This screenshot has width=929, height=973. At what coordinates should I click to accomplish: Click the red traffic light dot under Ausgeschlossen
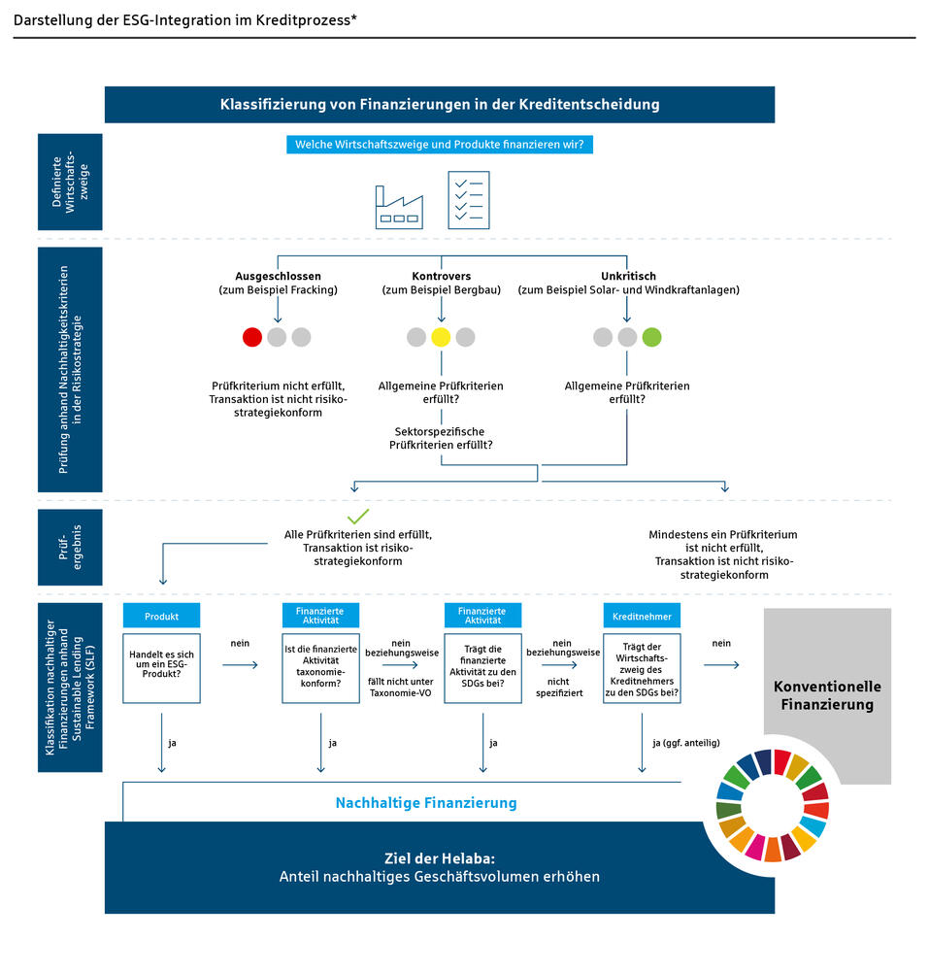[x=252, y=337]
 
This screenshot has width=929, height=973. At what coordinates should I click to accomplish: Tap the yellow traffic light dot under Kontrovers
[x=441, y=337]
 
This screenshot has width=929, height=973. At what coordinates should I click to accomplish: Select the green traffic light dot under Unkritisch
[x=651, y=337]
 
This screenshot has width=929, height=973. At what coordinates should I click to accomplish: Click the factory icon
[x=400, y=207]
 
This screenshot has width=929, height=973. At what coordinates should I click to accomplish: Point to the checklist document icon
[x=468, y=200]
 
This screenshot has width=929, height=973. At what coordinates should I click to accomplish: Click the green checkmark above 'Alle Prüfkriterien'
[x=358, y=516]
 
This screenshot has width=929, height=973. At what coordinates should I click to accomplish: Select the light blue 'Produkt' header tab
[x=161, y=616]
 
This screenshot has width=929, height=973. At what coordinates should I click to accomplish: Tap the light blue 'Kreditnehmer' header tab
[x=641, y=616]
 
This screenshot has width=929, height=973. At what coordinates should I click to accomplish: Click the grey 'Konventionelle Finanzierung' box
[x=827, y=694]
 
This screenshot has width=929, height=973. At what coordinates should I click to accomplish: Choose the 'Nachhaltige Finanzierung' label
[x=425, y=803]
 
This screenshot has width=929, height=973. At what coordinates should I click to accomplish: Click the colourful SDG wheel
[x=773, y=805]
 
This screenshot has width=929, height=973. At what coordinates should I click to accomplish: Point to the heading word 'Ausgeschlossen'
[x=278, y=276]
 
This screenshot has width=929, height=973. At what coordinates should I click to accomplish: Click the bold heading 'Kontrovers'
[x=441, y=276]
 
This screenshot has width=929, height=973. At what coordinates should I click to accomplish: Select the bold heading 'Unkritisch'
[x=628, y=276]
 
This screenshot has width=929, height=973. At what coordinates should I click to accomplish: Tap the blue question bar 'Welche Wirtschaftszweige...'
[x=441, y=145]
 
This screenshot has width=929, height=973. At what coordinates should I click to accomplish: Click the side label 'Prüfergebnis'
[x=69, y=547]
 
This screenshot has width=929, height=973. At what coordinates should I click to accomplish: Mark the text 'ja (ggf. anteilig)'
[x=680, y=743]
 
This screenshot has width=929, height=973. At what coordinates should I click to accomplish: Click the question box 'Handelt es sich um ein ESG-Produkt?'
[x=161, y=668]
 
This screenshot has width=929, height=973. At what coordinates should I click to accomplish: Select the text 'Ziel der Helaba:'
[x=439, y=858]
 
